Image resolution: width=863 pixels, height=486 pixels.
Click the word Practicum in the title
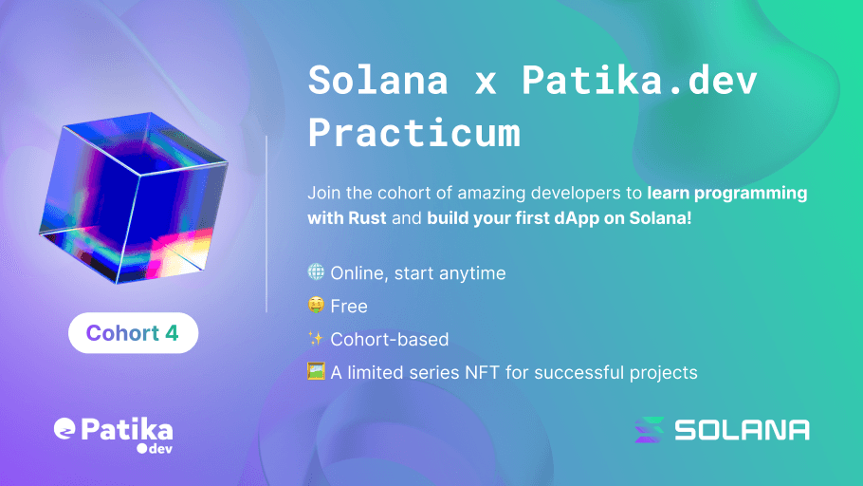pos(413,133)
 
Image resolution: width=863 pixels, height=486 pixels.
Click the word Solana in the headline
pos(377,81)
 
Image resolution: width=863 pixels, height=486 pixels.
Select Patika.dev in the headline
pos(639,81)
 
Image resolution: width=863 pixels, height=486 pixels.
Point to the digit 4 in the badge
pos(171,333)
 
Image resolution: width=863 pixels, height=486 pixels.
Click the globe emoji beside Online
pos(316,272)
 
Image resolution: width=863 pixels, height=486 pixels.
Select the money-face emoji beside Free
pos(316,306)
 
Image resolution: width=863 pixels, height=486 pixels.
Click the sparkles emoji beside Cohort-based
pos(316,339)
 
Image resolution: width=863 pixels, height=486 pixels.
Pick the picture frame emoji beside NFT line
pos(316,371)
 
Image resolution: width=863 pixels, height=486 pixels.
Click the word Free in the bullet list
pos(348,307)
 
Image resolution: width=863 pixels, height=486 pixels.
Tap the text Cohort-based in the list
pos(389,340)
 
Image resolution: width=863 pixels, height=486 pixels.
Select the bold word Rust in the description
pos(366,217)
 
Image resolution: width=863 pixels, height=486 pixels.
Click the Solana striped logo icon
pos(650,429)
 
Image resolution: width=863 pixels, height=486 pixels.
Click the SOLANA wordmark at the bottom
pos(742,430)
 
